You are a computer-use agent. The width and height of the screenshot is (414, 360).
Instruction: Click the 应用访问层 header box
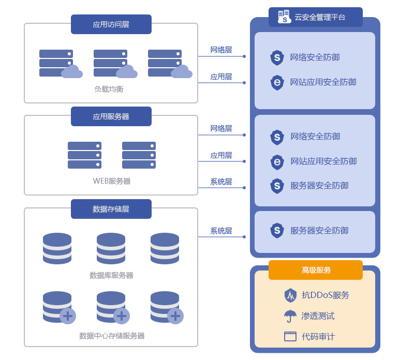111,24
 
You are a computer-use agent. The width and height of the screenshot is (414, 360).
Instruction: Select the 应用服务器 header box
111,116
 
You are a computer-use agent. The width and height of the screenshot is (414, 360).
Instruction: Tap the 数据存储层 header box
111,209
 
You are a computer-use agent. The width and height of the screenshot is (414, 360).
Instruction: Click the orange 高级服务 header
316,270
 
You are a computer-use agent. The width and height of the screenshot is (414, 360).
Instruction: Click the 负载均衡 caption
109,89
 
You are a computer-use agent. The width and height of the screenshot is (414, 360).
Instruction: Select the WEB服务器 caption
111,181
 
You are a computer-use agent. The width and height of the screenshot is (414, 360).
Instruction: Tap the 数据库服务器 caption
111,275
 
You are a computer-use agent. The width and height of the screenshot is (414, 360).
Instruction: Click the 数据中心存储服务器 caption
112,336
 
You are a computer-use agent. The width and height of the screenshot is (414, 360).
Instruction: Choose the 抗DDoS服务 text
326,295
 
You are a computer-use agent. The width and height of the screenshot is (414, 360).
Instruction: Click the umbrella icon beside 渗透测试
290,316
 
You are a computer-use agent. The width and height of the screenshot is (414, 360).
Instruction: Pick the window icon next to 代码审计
290,336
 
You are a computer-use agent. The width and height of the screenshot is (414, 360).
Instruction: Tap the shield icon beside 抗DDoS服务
290,295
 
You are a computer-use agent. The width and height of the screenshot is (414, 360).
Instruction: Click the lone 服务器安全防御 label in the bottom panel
319,231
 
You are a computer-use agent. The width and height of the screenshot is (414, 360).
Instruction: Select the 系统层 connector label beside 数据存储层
221,231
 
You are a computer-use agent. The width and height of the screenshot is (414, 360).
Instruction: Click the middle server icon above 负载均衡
110,63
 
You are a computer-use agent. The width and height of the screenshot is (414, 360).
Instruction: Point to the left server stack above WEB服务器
84,155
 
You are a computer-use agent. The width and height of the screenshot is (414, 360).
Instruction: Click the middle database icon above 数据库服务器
111,248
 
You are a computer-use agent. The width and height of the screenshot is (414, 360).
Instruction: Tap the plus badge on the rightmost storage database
175,316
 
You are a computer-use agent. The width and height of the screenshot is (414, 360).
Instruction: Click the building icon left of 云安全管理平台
284,16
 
